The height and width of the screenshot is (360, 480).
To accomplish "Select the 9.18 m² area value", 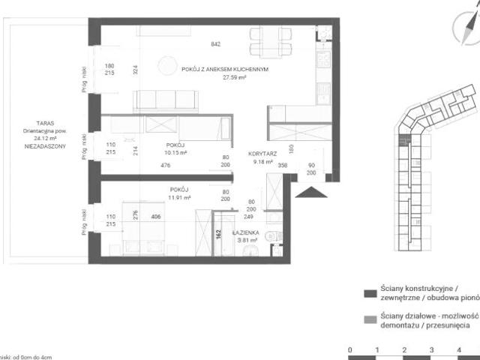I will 263,160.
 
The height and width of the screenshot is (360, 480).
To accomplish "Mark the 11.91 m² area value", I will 181,197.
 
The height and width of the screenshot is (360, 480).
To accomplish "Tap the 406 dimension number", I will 156,217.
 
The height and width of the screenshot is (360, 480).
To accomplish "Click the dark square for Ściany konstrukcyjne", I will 367,293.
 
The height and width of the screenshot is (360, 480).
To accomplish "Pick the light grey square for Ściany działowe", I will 367,318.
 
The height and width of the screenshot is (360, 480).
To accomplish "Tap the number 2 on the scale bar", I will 403,350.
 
